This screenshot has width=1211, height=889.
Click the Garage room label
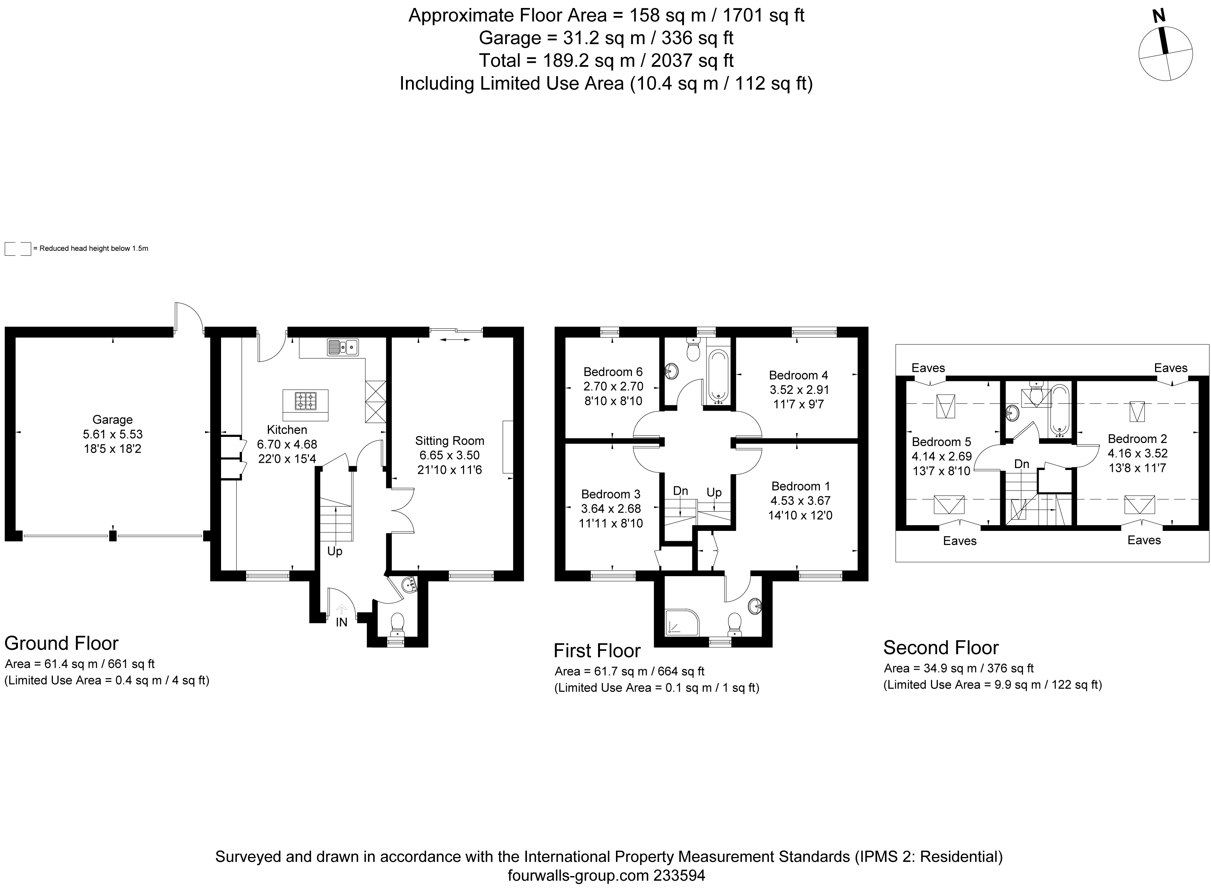point(113,420)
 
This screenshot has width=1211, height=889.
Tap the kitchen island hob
point(306,401)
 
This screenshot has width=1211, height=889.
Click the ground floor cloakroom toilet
point(398,624)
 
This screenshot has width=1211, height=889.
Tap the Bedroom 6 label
point(613,372)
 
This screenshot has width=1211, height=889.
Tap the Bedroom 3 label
point(611,494)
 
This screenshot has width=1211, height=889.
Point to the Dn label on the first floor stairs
point(681,491)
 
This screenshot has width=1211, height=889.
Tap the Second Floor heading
point(941,647)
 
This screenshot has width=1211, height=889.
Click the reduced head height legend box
point(18,249)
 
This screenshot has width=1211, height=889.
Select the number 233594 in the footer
point(679,876)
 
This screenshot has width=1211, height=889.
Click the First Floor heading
point(597,651)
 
